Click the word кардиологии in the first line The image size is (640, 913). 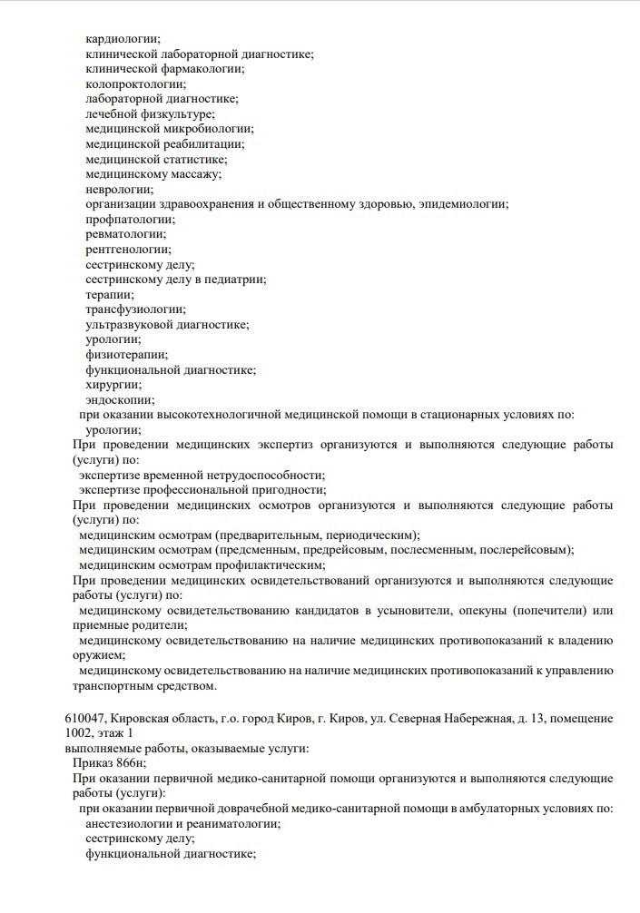(123, 39)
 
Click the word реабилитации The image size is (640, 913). (205, 144)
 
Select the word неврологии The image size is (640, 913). (119, 190)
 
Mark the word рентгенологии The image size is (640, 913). (128, 250)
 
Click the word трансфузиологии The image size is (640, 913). (135, 309)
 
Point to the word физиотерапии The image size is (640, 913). (126, 355)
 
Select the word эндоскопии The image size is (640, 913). (120, 400)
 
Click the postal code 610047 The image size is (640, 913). (84, 719)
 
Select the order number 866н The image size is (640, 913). (132, 764)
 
